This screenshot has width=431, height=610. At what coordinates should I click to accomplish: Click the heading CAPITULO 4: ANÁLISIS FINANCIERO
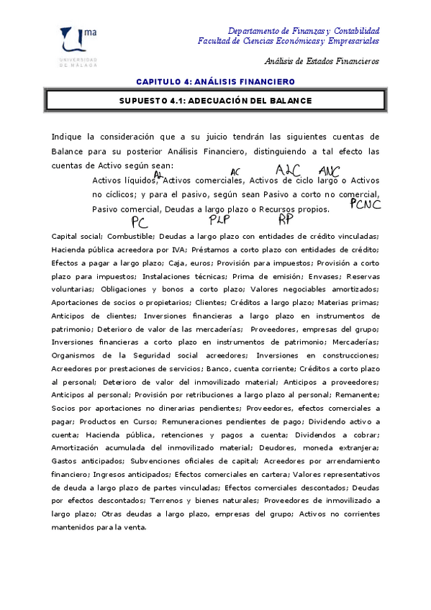pyautogui.click(x=215, y=81)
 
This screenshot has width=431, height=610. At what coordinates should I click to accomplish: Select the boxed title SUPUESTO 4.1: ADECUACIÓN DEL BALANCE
pyautogui.click(x=215, y=101)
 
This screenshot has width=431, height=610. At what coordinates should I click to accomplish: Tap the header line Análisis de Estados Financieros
pyautogui.click(x=322, y=61)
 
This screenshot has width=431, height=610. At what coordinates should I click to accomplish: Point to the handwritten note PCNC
pyautogui.click(x=365, y=204)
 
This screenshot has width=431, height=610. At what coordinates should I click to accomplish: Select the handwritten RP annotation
pyautogui.click(x=286, y=219)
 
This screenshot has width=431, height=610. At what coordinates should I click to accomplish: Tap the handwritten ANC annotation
pyautogui.click(x=329, y=171)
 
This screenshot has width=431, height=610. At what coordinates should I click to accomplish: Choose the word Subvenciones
pyautogui.click(x=150, y=460)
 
